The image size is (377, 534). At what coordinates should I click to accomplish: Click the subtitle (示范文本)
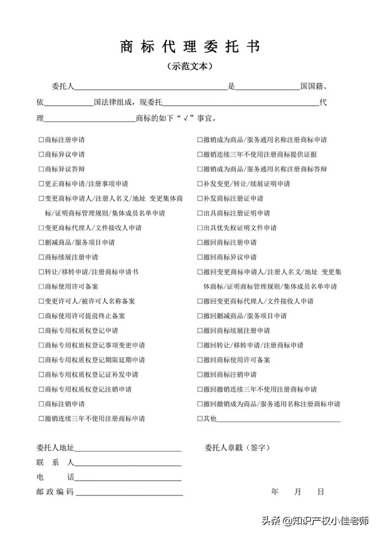(x=189, y=66)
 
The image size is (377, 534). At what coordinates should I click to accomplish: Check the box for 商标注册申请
(x=41, y=140)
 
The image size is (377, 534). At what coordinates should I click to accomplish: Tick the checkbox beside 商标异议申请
(x=41, y=154)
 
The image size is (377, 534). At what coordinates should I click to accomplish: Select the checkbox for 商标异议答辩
(x=41, y=169)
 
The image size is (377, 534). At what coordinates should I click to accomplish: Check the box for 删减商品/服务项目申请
(x=41, y=243)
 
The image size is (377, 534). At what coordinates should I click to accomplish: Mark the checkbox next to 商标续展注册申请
(x=41, y=257)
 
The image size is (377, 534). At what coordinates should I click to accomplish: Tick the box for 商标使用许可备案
(x=41, y=287)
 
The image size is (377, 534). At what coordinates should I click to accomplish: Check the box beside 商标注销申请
(x=41, y=404)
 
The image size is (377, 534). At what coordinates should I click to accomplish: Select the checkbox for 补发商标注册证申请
(x=200, y=199)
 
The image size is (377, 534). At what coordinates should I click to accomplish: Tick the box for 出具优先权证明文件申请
(x=200, y=228)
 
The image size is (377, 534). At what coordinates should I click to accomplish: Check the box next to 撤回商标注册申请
(x=200, y=243)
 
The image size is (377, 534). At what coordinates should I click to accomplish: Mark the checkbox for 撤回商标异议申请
(x=200, y=257)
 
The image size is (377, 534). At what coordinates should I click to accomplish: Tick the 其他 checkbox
(x=200, y=419)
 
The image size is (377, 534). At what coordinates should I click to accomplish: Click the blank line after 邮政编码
(x=129, y=493)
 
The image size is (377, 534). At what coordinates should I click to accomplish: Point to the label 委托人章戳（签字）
(x=237, y=448)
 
